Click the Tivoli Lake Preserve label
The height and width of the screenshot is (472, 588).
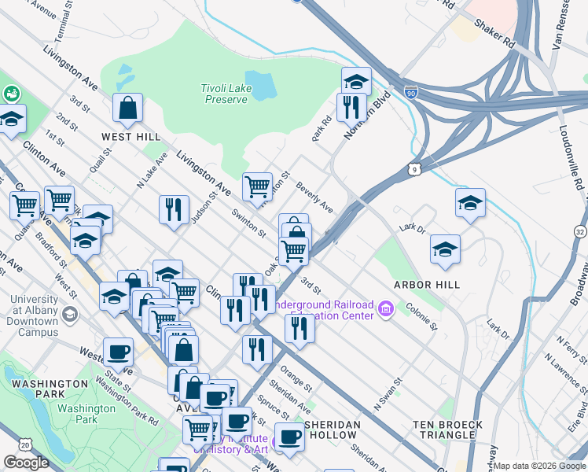click(227, 94)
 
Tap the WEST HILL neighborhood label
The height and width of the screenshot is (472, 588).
click(130, 137)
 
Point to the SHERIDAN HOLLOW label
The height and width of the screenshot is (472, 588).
click(332, 430)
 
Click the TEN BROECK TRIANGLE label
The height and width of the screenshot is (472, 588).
click(447, 430)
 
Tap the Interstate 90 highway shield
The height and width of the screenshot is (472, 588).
click(411, 92)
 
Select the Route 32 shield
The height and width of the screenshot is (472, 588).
click(579, 231)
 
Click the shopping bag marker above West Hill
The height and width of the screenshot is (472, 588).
click(127, 109)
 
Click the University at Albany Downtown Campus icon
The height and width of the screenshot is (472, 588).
click(69, 315)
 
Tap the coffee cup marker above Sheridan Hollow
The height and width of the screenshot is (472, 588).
click(288, 437)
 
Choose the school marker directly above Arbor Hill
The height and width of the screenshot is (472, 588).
click(445, 249)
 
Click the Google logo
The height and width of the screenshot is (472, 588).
click(26, 463)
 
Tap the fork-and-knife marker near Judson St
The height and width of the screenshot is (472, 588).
click(174, 210)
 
